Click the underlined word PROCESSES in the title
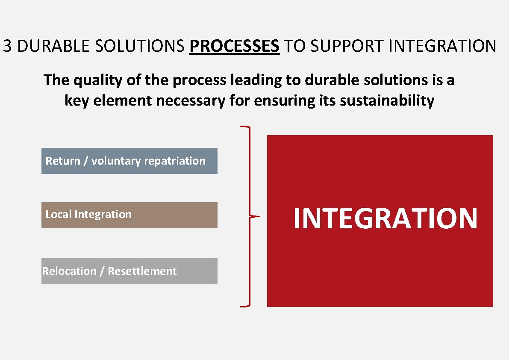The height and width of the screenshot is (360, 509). point(234,46)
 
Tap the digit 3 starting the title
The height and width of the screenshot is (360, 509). point(7,46)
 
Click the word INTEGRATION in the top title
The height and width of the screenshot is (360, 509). point(442,46)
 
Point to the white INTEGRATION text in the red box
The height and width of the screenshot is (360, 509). point(385,218)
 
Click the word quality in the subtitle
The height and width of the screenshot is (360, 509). point(91,80)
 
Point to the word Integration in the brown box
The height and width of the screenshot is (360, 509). point(103,214)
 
